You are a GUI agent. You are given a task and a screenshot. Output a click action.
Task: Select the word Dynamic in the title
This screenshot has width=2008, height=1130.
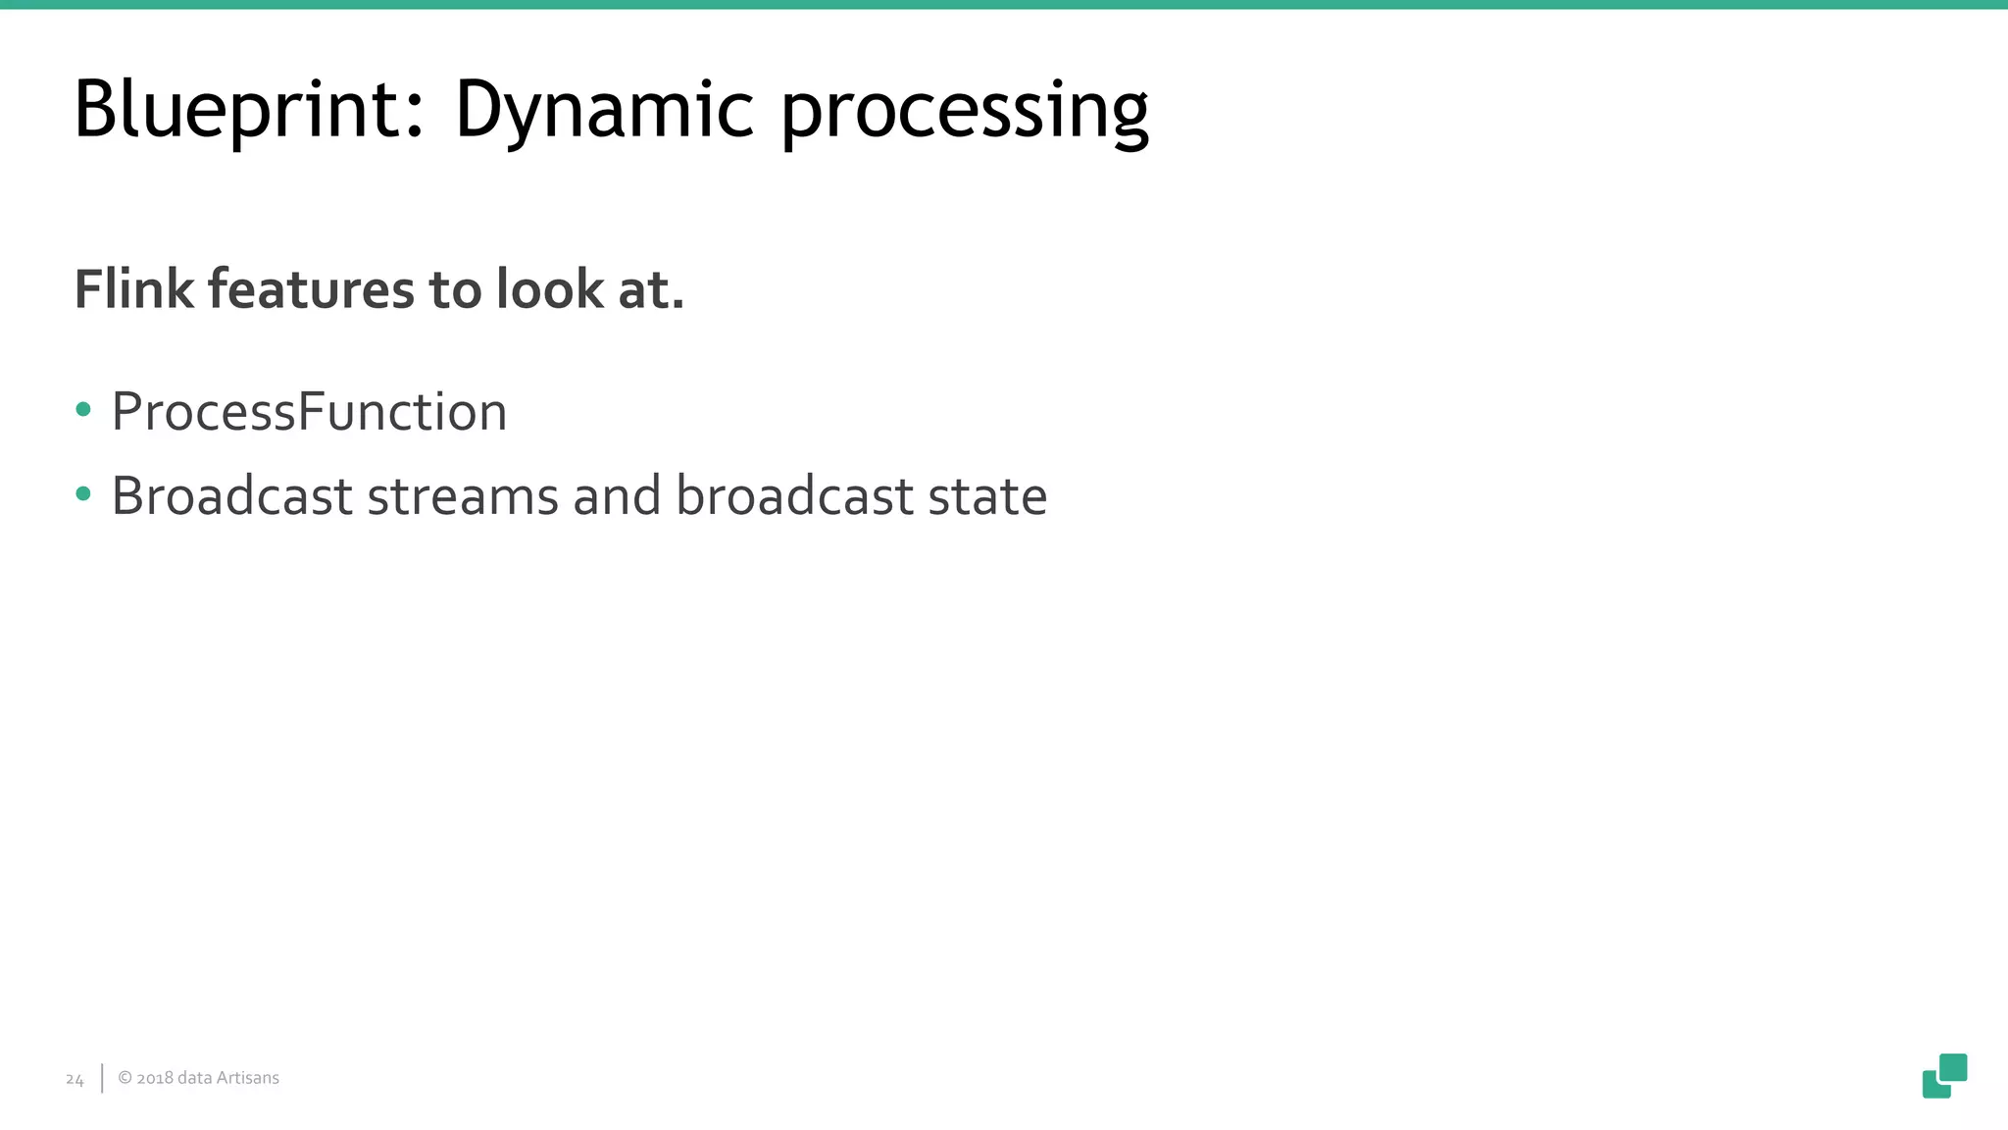(604, 109)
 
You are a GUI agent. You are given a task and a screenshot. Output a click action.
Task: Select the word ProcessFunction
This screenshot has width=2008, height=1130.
(309, 412)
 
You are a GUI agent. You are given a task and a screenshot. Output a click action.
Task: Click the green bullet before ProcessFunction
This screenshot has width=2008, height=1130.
(83, 410)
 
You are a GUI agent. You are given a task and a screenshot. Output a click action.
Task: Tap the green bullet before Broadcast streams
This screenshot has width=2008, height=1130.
(83, 494)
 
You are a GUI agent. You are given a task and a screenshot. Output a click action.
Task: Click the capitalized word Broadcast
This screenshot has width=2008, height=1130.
(231, 496)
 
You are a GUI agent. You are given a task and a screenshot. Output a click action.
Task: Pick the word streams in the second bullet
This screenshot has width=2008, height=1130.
(462, 496)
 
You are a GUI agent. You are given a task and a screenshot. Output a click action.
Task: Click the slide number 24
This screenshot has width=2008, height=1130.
(75, 1080)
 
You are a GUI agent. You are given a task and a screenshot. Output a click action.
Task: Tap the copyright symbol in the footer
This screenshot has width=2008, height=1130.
(125, 1078)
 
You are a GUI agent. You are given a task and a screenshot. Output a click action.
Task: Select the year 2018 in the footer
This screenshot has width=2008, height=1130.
(154, 1078)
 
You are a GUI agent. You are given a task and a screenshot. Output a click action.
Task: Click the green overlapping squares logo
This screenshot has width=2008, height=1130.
(1944, 1076)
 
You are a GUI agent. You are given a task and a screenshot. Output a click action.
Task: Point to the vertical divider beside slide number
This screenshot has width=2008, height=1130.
(102, 1078)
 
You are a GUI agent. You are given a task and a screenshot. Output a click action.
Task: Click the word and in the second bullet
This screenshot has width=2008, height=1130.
(617, 496)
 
